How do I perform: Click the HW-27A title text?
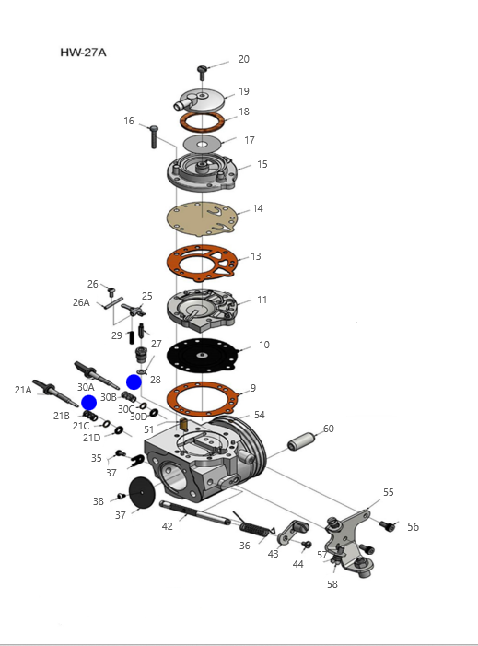tap(83, 53)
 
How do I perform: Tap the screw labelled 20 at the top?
tap(202, 73)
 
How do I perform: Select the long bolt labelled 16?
tap(154, 136)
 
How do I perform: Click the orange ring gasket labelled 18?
tap(202, 122)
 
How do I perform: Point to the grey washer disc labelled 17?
tap(202, 144)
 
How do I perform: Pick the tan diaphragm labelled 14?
tap(202, 218)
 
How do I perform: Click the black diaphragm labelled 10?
tap(202, 355)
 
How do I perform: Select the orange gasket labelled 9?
tap(202, 399)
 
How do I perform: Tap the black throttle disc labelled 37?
tap(142, 493)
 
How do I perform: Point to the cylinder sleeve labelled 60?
tap(301, 441)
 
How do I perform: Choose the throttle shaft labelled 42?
tap(194, 513)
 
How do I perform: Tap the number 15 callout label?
tap(262, 164)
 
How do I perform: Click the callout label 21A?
tap(23, 390)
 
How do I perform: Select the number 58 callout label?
tap(332, 584)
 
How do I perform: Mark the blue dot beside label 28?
tap(134, 382)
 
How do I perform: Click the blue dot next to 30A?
tap(89, 403)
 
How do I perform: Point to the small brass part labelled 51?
tap(183, 424)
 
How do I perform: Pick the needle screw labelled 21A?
tap(55, 393)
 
